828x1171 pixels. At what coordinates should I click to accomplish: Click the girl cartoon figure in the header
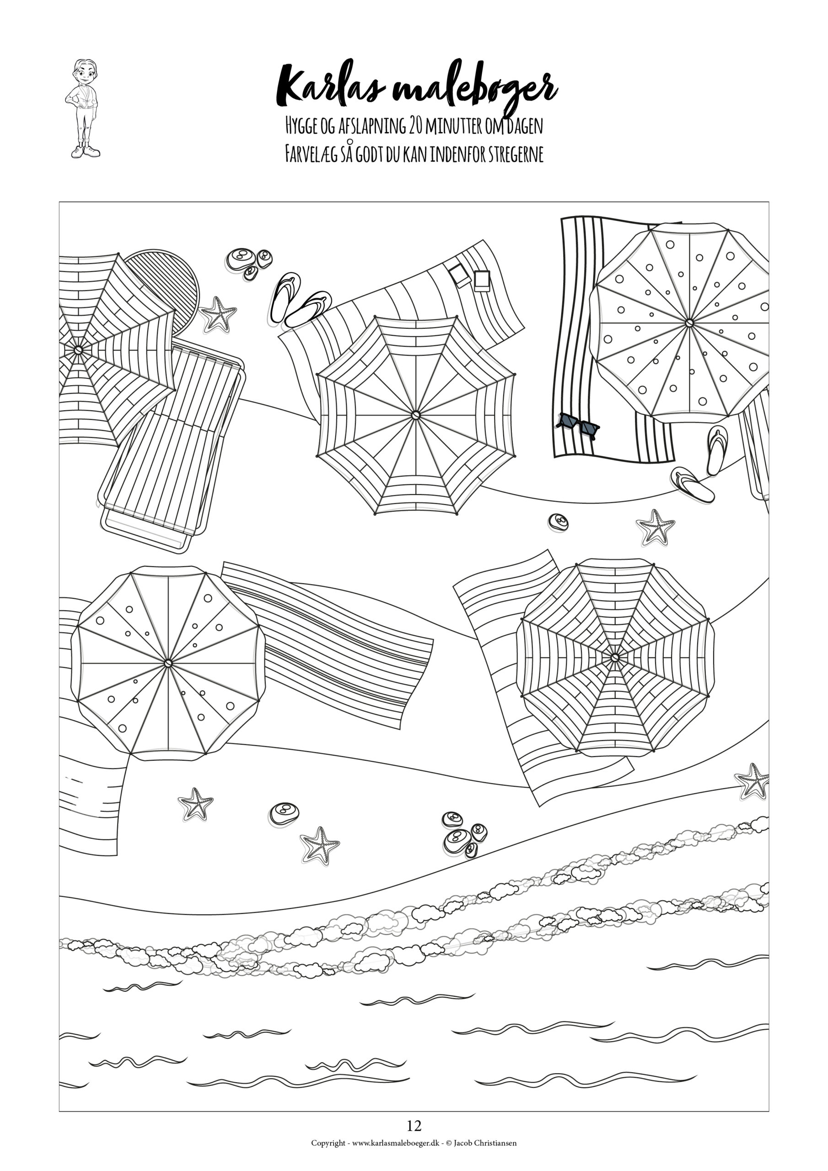[83, 108]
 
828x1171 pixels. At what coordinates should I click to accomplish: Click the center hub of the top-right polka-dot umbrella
[689, 323]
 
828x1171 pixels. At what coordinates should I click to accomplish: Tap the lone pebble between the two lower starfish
[284, 813]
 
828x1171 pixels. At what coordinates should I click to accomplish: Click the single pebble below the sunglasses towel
[558, 522]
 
